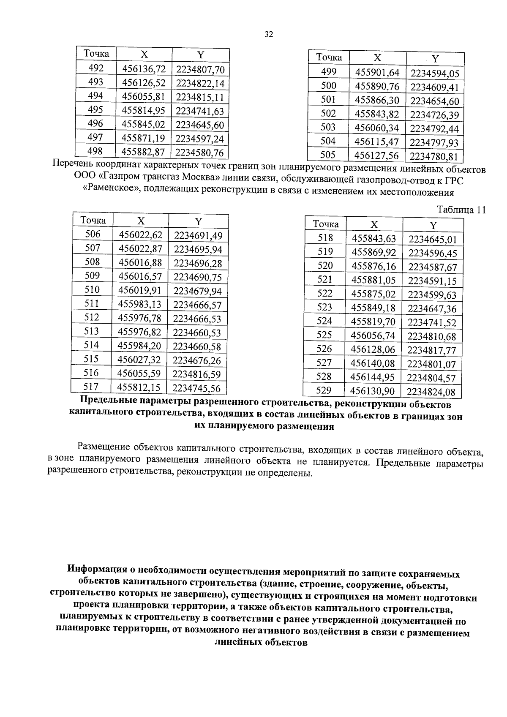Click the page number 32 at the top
pos(269,35)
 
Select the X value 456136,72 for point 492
pos(144,68)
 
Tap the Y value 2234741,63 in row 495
pos(199,111)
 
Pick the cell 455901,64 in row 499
pos(377,73)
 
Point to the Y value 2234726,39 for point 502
pos(434,115)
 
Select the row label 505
pos(328,155)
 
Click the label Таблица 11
pos(461,210)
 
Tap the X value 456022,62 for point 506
pos(141,234)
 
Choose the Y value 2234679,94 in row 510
pos(197,291)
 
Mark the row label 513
pos(92,331)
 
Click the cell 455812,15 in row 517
pos(139,387)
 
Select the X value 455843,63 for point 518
pos(374,239)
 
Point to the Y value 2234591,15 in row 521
pos(432,281)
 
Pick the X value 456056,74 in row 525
pos(373,336)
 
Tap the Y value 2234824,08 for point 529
pos(431,392)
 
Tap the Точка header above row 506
pos(93,221)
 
